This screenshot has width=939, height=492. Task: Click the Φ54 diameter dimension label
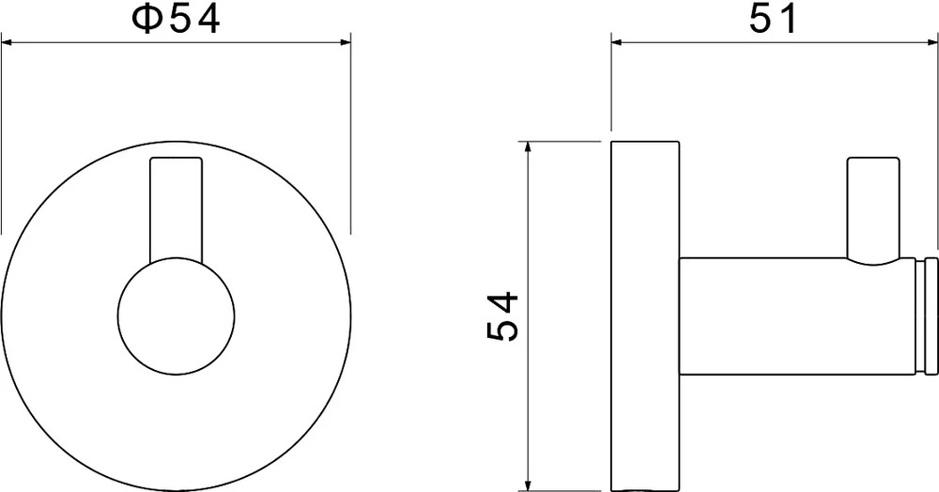tap(177, 20)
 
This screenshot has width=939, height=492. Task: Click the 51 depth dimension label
tap(773, 20)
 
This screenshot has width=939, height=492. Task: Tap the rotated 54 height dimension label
tap(501, 316)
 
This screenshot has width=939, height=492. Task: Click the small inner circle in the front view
tap(177, 316)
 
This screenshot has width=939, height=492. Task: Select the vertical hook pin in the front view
tap(177, 209)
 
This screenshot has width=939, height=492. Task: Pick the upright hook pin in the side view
tap(873, 208)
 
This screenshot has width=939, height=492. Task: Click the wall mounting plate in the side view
tap(645, 316)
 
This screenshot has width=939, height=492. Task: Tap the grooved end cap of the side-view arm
tap(928, 317)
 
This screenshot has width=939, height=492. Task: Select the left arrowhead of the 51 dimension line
tap(617, 42)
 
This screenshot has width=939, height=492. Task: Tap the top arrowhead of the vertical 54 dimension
tap(527, 146)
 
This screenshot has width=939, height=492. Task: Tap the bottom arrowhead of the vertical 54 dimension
tap(527, 485)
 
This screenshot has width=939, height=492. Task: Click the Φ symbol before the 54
tap(146, 20)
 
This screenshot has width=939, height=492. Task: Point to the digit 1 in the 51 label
tap(788, 20)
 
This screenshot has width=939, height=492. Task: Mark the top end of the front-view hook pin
tap(177, 158)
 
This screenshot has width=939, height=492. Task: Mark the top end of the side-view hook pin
tap(873, 158)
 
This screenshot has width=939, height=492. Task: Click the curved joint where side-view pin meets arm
tap(873, 261)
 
